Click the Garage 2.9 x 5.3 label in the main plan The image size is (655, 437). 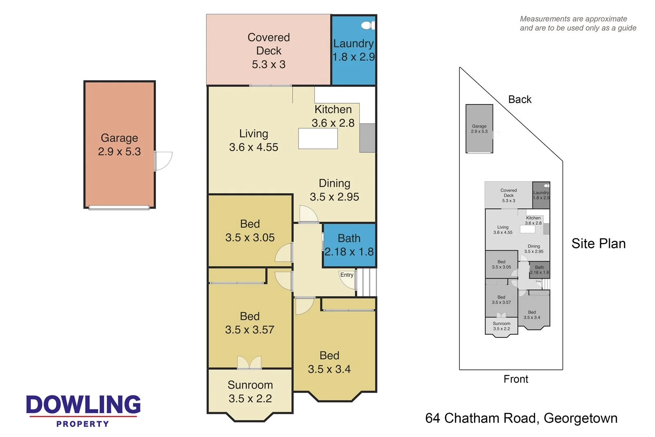point(119,145)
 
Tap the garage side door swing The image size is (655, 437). point(163,161)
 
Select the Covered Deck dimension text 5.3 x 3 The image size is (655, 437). point(269,64)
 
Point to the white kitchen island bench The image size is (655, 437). point(318,139)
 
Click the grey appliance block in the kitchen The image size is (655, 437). point(367,138)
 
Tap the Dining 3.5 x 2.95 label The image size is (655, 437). point(334,190)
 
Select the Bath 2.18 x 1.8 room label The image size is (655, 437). point(349,245)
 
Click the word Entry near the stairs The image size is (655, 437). point(347,275)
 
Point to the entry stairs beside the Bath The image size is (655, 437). point(366,282)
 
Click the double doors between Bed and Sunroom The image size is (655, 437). point(249,363)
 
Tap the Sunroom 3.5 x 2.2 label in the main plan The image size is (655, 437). point(250,391)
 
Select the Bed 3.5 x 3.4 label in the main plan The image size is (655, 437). point(330,362)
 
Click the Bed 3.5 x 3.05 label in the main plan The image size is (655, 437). point(250,230)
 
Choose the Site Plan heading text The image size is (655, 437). point(598,244)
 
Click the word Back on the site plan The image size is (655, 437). point(519,100)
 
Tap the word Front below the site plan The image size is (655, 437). point(516,379)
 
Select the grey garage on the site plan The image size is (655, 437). point(479,129)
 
